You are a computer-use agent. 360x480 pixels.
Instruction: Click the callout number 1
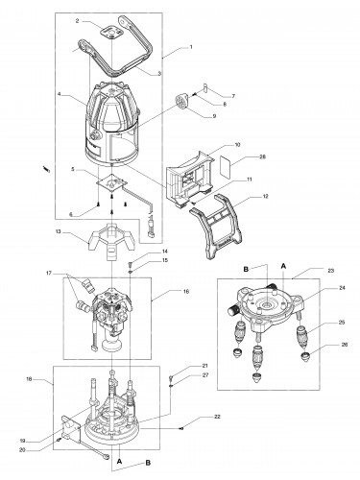[x=191, y=47]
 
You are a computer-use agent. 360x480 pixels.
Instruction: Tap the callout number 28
[x=263, y=156]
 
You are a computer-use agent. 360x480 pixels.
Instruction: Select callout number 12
[x=265, y=196]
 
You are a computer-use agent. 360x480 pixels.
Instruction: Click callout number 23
[x=331, y=271]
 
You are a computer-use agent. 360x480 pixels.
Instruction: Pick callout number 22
[x=217, y=417]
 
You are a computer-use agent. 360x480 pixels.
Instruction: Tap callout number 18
[x=28, y=379]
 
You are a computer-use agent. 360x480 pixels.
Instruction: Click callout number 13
[x=59, y=232]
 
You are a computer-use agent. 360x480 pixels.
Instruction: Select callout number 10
[x=237, y=145]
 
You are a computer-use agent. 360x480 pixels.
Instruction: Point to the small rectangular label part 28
[x=225, y=167]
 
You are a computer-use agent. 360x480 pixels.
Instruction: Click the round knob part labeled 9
[x=181, y=101]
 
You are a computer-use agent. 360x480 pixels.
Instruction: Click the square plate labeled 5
[x=112, y=184]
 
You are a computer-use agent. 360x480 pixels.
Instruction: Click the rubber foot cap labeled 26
[x=306, y=356]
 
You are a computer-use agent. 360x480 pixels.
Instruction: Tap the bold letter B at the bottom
[x=148, y=463]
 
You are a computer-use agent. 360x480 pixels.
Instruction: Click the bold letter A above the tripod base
[x=283, y=266]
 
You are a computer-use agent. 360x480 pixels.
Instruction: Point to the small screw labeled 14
[x=131, y=265]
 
